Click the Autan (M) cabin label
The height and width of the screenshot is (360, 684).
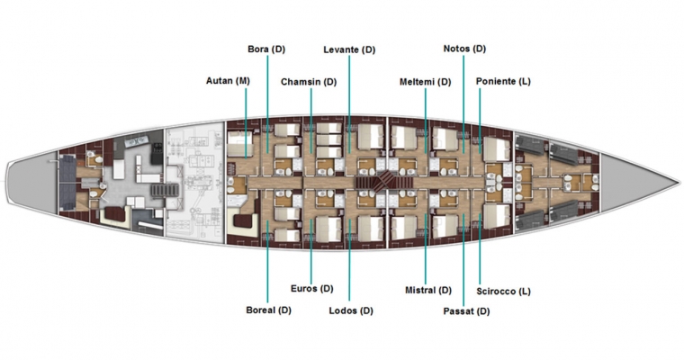tap(228, 81)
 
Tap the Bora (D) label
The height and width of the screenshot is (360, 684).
tap(266, 49)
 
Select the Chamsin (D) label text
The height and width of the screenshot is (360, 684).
tap(309, 82)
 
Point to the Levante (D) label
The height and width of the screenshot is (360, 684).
tap(349, 49)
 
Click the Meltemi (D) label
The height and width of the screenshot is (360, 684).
tap(425, 82)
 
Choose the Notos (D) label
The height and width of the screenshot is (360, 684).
tap(464, 49)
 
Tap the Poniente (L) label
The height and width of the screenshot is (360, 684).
tap(503, 81)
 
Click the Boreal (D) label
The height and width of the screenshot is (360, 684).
tap(268, 310)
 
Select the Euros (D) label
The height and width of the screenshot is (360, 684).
tap(312, 288)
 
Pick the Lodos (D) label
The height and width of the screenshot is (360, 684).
tap(351, 310)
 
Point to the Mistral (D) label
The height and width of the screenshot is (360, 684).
tap(427, 290)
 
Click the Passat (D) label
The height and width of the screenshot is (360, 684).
tap(466, 311)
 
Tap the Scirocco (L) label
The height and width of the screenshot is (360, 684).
tap(503, 291)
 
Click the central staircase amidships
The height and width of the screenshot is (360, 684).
tap(384, 181)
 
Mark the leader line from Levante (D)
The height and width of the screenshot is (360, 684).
tap(349, 104)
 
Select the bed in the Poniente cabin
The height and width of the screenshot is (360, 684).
tap(497, 149)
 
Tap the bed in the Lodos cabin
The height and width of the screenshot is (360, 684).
tap(371, 229)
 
